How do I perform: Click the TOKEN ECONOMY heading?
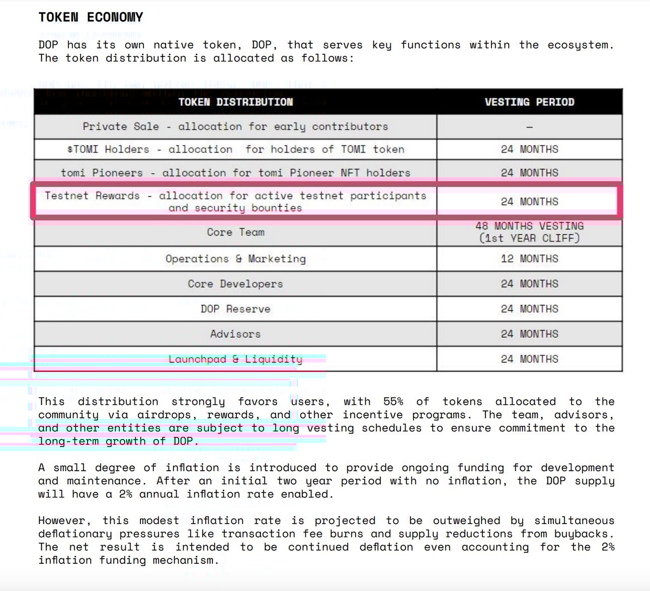point(91,17)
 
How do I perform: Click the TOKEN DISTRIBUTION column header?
point(235,102)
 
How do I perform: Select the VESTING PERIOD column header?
point(529,102)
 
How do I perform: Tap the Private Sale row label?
point(235,126)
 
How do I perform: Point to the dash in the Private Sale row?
point(529,127)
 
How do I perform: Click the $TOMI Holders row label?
point(235,150)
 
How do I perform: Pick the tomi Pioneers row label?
point(235,173)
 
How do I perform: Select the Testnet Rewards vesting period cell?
point(529,201)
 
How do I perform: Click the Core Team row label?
point(235,232)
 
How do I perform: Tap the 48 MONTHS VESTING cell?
point(529,232)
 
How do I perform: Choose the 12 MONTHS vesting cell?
point(529,259)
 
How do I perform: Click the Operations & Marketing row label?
point(235,259)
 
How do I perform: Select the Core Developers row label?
point(235,284)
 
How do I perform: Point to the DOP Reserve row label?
point(235,309)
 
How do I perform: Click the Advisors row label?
point(235,334)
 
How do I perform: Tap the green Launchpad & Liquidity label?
point(235,359)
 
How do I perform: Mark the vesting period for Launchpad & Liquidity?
point(529,359)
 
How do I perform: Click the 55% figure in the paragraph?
point(393,402)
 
